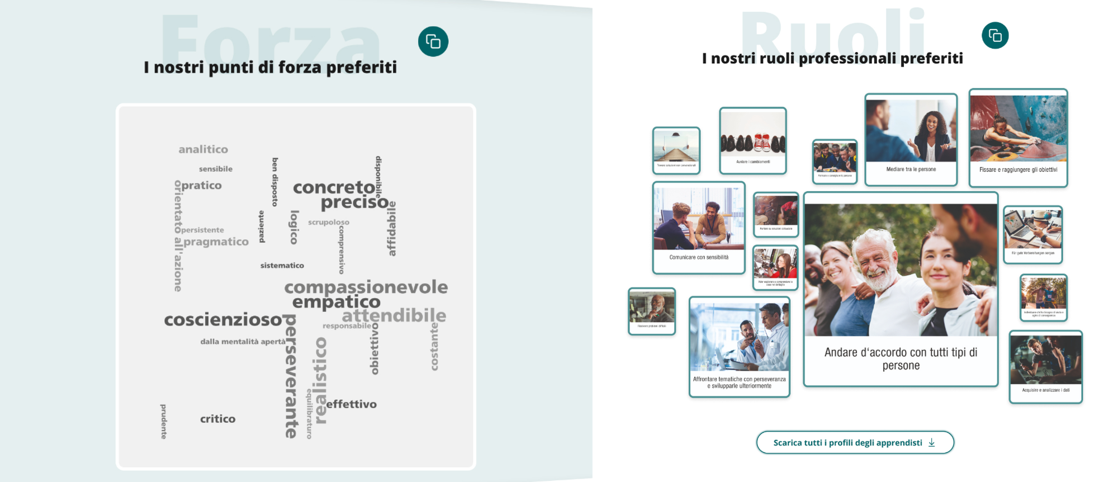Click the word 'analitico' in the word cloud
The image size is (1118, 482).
[x=203, y=149]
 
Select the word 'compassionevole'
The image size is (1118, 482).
[x=366, y=287]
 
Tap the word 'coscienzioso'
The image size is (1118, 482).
[x=222, y=320]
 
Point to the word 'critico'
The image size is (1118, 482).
[x=217, y=419]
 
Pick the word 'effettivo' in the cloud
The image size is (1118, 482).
[x=351, y=404]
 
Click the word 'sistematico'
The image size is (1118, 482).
[x=282, y=266]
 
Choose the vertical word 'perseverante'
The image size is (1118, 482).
[x=291, y=376]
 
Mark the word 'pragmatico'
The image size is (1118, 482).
[x=216, y=242]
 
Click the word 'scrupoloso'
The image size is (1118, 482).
[x=329, y=222]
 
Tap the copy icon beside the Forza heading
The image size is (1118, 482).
[x=433, y=41]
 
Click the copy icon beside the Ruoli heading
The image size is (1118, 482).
[x=995, y=36]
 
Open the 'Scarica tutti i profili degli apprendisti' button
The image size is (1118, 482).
[x=855, y=442]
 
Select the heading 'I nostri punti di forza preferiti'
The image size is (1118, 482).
[x=270, y=67]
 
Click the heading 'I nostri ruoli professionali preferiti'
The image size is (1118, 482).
[x=832, y=58]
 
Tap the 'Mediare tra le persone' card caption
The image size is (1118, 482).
[x=911, y=169]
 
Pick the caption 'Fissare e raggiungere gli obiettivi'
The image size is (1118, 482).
[x=1018, y=170]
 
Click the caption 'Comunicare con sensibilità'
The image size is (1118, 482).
[x=699, y=258]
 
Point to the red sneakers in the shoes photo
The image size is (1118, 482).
[x=762, y=143]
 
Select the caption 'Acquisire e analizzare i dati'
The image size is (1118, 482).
[x=1045, y=390]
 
